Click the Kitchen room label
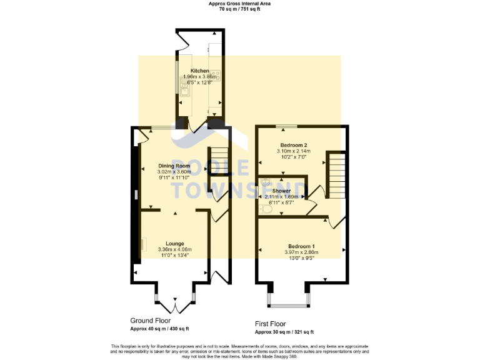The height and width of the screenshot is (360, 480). pos(199,71)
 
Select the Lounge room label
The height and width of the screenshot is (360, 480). pos(174,243)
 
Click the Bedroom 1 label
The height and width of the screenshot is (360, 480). pos(301,246)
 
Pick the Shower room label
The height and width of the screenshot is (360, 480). pos(281,191)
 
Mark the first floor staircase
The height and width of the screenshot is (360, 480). pos(336,176)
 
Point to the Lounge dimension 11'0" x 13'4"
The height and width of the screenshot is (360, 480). pos(174,255)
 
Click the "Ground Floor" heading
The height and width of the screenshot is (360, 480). pos(150,321)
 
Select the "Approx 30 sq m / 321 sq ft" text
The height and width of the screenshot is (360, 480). pos(284,332)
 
